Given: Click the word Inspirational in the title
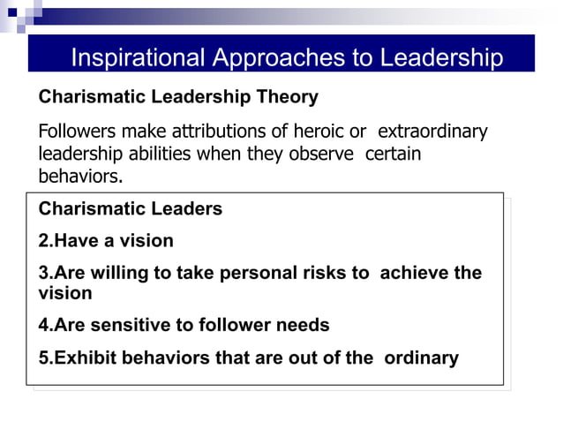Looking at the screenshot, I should coord(137,58).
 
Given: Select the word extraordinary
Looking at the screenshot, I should coord(432,132).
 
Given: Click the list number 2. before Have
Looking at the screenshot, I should coord(46,241).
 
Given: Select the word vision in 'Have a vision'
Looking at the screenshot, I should coord(146,241).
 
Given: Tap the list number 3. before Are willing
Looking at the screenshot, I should coord(46,273).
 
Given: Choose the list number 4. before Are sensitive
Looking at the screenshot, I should coord(46,326).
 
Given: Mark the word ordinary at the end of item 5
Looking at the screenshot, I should coord(423,358).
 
